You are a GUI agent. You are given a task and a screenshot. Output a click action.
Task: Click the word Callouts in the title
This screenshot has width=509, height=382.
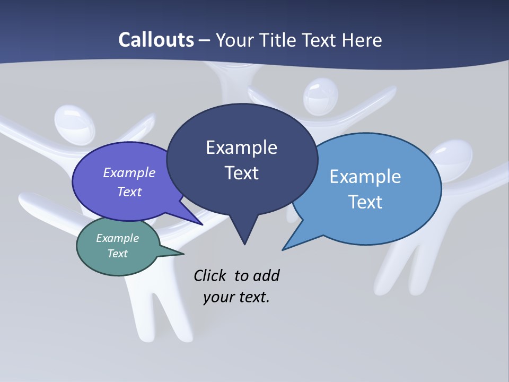click(156, 40)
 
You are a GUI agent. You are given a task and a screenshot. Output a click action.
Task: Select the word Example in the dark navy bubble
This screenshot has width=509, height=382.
click(241, 147)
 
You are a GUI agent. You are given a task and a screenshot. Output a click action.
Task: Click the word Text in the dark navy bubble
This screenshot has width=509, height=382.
click(241, 173)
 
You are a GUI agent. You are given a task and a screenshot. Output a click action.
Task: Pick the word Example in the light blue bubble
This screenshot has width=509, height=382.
click(365, 177)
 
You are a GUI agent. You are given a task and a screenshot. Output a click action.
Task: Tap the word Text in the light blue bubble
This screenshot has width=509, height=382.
click(365, 202)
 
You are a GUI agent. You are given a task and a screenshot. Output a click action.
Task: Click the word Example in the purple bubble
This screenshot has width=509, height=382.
click(129, 172)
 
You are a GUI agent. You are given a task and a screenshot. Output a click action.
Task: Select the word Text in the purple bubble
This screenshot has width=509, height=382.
click(129, 192)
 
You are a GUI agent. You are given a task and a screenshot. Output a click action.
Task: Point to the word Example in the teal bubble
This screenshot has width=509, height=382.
click(118, 238)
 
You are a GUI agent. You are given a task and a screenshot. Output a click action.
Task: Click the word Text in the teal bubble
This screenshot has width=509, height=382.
click(118, 254)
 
